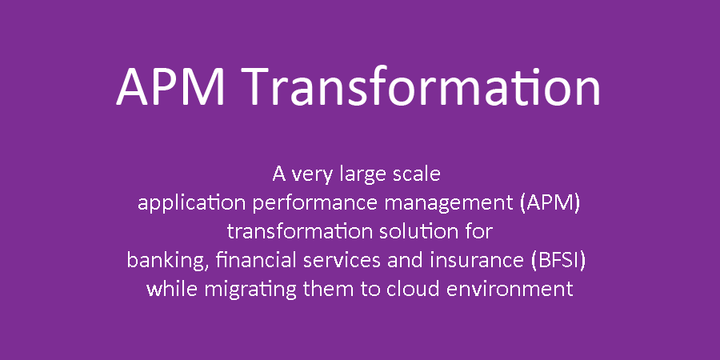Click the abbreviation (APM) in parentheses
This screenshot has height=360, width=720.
point(550,204)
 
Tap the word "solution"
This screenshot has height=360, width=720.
point(417,232)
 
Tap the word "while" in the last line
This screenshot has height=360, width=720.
point(172,289)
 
